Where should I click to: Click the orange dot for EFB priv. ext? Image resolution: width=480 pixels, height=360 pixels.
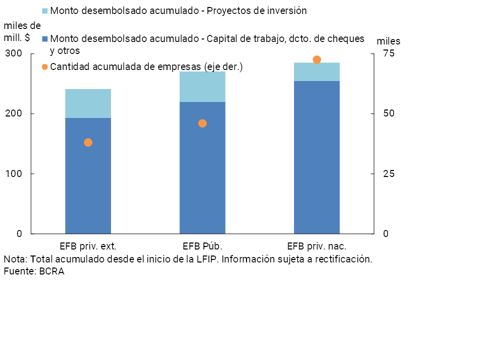(88, 142)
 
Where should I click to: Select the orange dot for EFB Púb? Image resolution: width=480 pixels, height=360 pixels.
(202, 123)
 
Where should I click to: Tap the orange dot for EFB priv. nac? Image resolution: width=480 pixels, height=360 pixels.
(316, 60)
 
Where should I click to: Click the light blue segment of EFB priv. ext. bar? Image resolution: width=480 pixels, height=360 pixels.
(88, 103)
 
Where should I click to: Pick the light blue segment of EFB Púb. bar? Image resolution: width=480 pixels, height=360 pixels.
(202, 87)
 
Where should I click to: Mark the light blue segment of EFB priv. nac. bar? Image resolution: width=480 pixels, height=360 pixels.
(316, 71)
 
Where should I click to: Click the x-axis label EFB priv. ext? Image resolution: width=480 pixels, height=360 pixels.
(88, 246)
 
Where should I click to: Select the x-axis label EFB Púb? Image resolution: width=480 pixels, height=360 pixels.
(202, 246)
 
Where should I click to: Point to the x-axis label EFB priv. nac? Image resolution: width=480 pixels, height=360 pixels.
(316, 246)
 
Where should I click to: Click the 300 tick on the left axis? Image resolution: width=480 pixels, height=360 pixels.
(14, 53)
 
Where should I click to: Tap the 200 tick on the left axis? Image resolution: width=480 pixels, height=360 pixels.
(14, 113)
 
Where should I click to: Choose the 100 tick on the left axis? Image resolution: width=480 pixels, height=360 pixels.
(14, 173)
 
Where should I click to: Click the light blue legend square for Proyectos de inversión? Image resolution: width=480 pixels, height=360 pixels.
(44, 10)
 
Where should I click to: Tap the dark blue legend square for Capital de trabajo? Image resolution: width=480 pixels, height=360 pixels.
(44, 38)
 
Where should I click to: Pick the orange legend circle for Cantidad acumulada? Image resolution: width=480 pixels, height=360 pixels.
(44, 66)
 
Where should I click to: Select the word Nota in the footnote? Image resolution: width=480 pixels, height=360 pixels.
(15, 259)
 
